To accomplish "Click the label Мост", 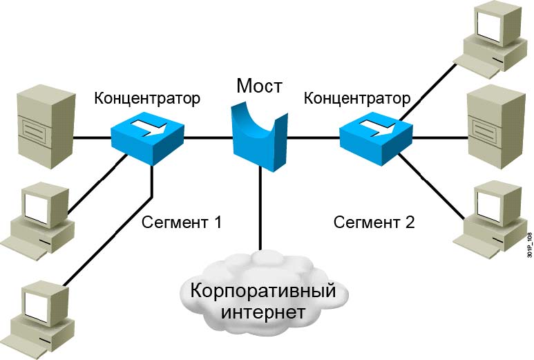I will coord(259,86).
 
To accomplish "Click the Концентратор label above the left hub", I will coord(147,98).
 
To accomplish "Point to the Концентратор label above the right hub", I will coord(356,98).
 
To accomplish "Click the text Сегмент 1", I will coord(182,222).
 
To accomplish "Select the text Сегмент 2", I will coord(374,222).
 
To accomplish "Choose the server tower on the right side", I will coord(493,122).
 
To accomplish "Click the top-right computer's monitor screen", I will coord(488,26).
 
